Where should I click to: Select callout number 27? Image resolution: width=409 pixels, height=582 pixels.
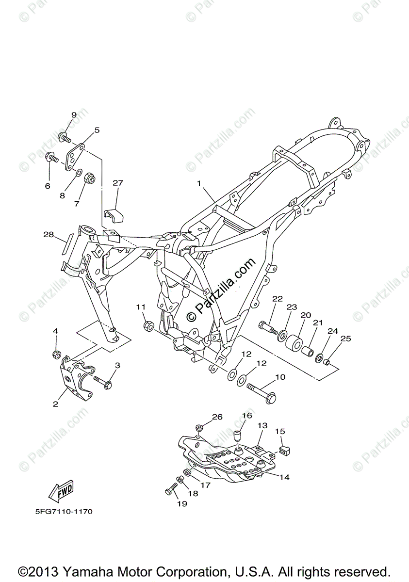point(118,183)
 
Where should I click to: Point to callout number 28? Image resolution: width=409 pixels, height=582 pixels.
point(48,235)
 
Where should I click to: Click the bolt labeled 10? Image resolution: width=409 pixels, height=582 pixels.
point(262,387)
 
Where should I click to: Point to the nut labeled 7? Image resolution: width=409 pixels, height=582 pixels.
point(89,178)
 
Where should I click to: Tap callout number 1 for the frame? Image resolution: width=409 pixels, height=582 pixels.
point(198,183)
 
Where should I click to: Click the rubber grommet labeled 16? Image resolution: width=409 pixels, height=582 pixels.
point(238,435)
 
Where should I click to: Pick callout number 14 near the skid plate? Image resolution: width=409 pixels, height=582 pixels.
point(284,477)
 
